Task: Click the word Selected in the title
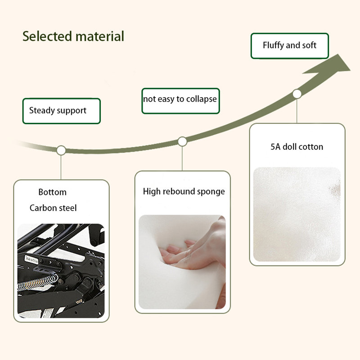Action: (x=47, y=36)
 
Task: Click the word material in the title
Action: (x=100, y=36)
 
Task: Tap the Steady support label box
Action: (x=62, y=111)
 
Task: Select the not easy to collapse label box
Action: (x=181, y=101)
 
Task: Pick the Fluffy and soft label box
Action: (x=290, y=46)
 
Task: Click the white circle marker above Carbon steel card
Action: (x=61, y=150)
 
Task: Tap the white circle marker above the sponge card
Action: (x=182, y=141)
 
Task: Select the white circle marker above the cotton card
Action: (x=297, y=94)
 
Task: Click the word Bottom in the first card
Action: (x=52, y=192)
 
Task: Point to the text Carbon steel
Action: (x=53, y=208)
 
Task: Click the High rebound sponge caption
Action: (x=184, y=192)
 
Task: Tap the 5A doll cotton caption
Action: (x=297, y=147)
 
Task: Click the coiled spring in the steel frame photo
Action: (x=38, y=283)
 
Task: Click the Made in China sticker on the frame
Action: (x=31, y=260)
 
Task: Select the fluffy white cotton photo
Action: (x=297, y=214)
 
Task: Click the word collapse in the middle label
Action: (x=201, y=99)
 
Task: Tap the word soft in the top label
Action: (x=309, y=45)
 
